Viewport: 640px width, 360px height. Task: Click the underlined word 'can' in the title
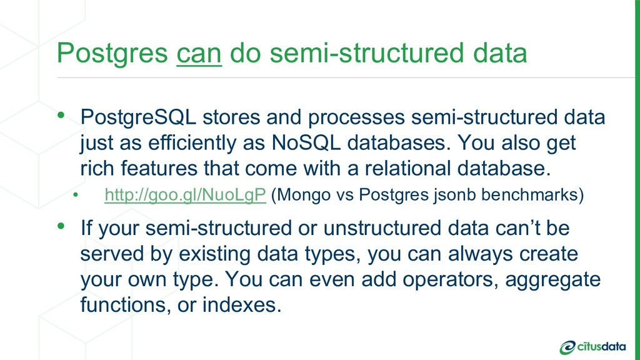coord(199,54)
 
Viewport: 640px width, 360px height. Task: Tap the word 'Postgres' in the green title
coord(112,54)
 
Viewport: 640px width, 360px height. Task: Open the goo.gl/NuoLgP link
coord(185,195)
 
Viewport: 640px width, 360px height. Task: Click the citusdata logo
coord(592,347)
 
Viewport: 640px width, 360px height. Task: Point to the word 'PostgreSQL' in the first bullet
coord(138,117)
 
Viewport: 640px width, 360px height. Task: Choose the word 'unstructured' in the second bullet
coord(382,227)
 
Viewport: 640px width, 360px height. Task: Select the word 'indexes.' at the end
coord(242,304)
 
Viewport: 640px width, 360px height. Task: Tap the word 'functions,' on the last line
coord(125,304)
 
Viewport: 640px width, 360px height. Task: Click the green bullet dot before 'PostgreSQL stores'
coord(61,115)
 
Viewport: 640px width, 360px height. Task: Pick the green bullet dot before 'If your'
coord(61,225)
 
